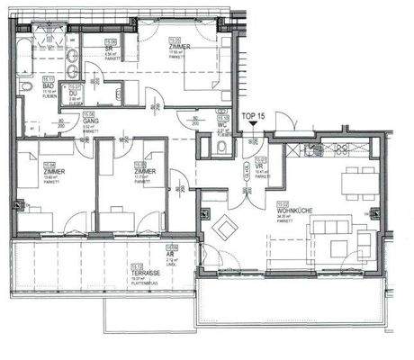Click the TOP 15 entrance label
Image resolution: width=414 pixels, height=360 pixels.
click(x=255, y=116)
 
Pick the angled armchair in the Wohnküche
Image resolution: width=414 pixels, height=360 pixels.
click(x=222, y=223)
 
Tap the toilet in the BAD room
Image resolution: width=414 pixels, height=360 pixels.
click(x=27, y=86)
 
